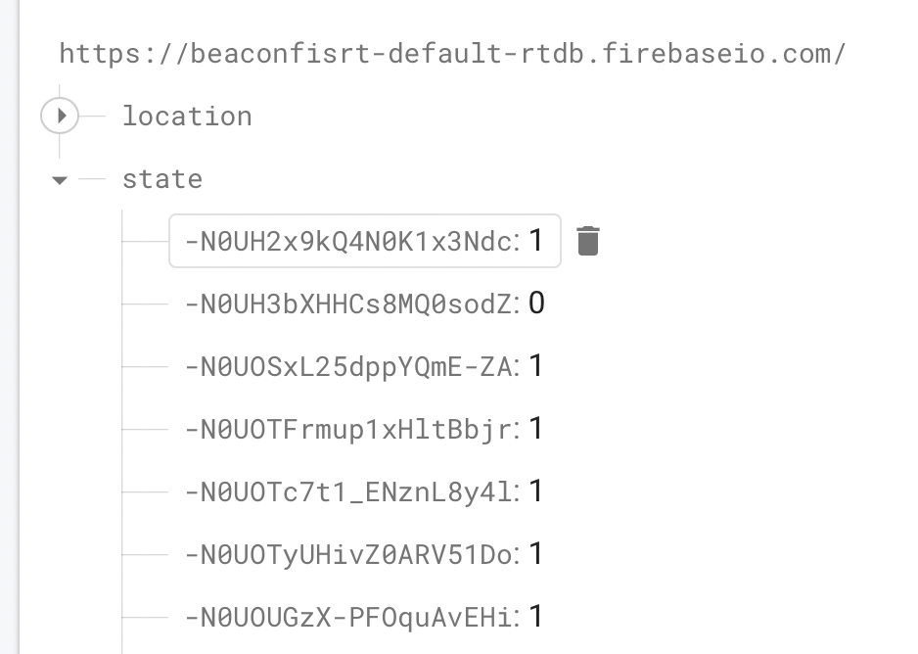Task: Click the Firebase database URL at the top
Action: pyautogui.click(x=452, y=53)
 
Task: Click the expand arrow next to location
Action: pyautogui.click(x=61, y=117)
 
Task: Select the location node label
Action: pyautogui.click(x=187, y=117)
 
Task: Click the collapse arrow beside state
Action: pyautogui.click(x=61, y=180)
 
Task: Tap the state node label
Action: pyautogui.click(x=162, y=179)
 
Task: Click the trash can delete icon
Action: pyautogui.click(x=587, y=241)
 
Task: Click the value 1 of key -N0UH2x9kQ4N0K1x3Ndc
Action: pyautogui.click(x=536, y=241)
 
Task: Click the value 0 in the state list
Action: pyautogui.click(x=536, y=304)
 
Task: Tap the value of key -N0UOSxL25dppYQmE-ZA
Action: pyautogui.click(x=536, y=366)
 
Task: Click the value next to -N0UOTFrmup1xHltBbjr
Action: pyautogui.click(x=536, y=429)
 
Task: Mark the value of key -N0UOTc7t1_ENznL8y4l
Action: pyautogui.click(x=536, y=491)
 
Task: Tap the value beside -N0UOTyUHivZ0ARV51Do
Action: pyautogui.click(x=536, y=554)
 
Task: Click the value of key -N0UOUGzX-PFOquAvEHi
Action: pyautogui.click(x=536, y=617)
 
